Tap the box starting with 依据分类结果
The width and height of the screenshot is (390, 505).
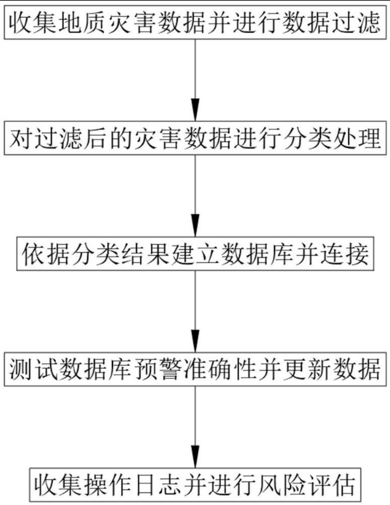tap(195, 254)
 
